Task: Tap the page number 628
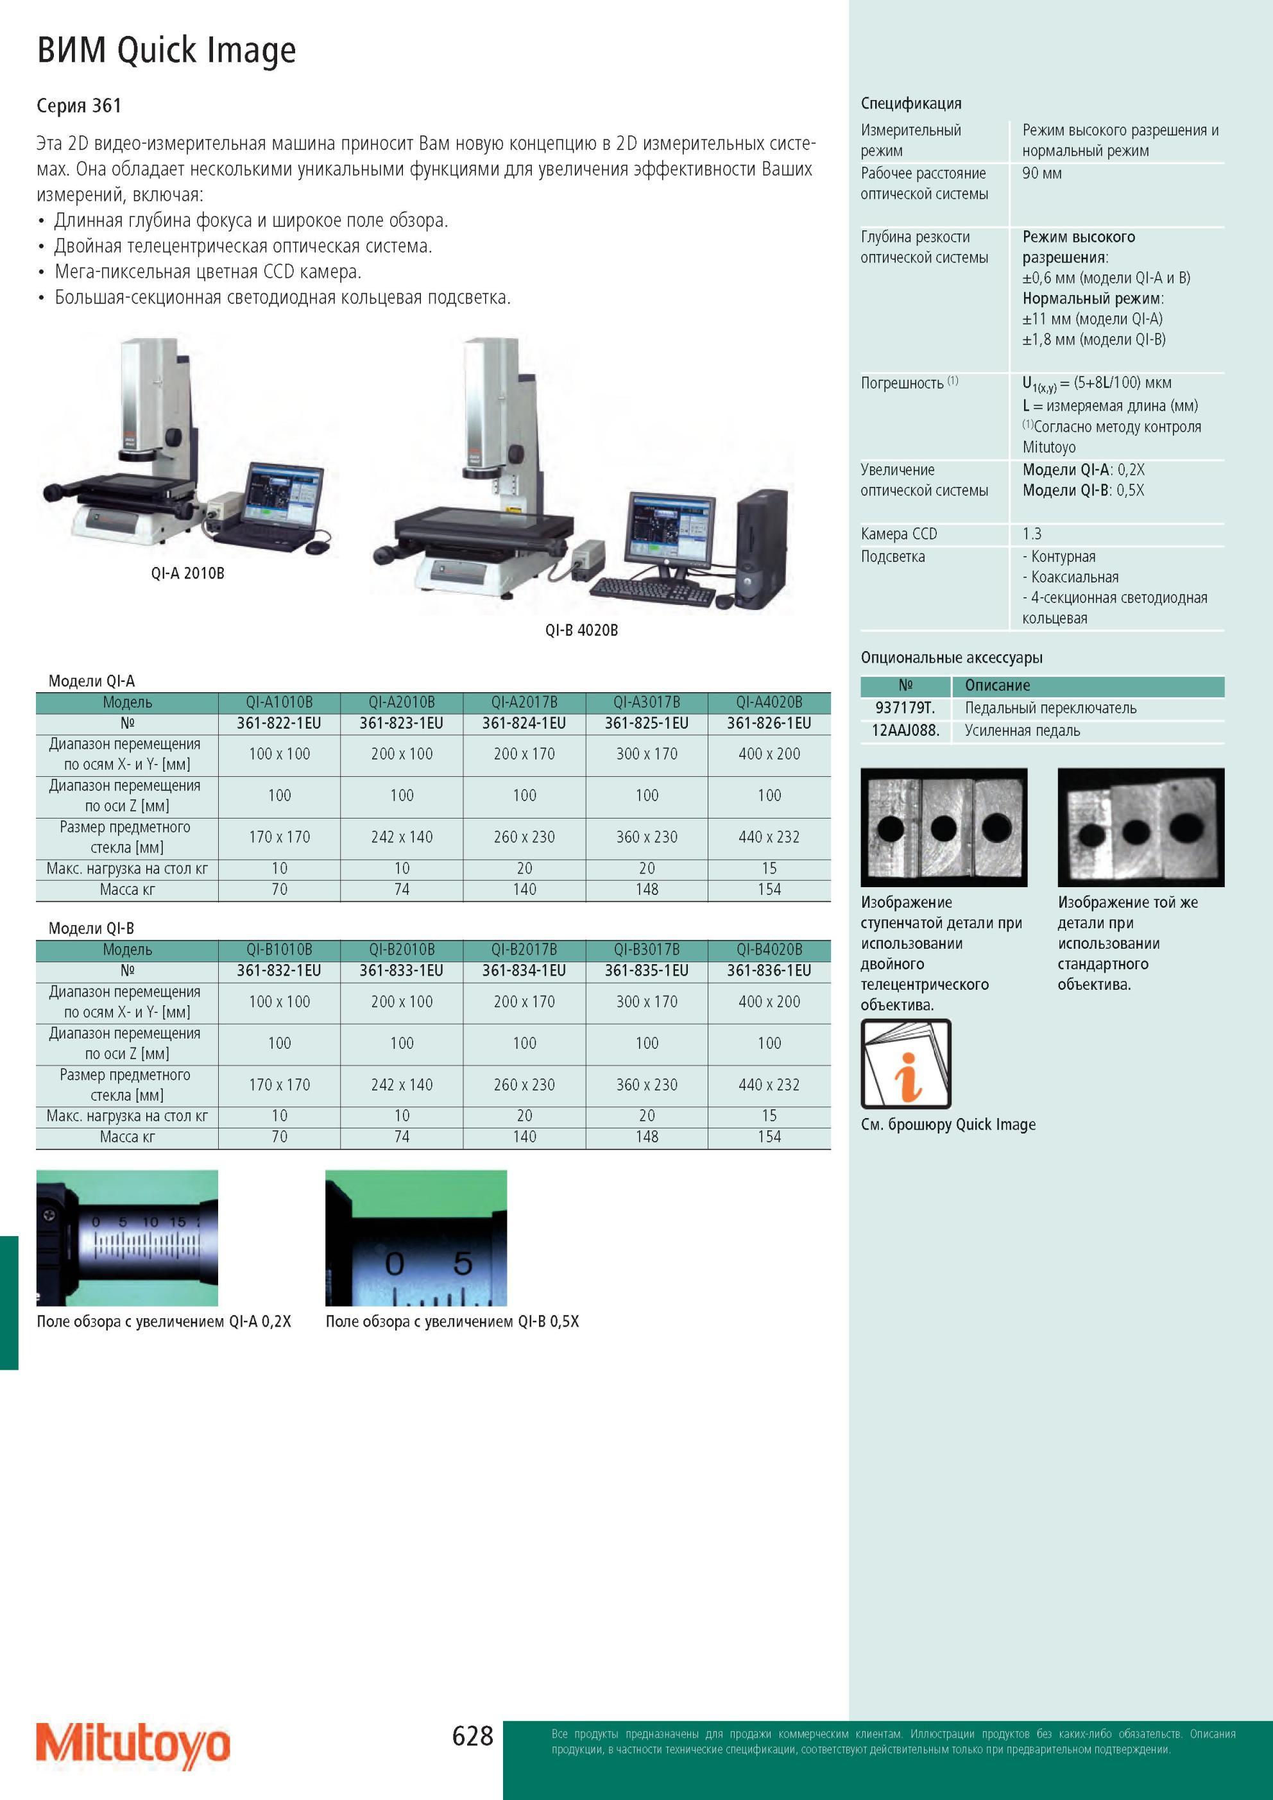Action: click(x=473, y=1736)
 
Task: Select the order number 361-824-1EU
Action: click(x=524, y=723)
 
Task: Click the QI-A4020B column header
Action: click(x=769, y=702)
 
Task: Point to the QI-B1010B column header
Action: click(x=279, y=949)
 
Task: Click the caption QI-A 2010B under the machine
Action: click(x=187, y=573)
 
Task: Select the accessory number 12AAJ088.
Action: click(x=905, y=731)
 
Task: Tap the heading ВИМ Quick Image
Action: click(x=166, y=51)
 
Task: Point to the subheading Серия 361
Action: click(x=79, y=106)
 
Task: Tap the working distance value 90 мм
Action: click(x=1041, y=173)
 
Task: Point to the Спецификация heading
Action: click(x=910, y=103)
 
